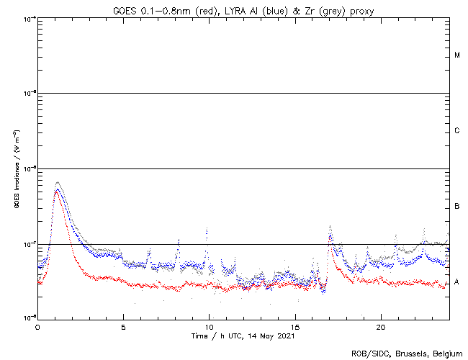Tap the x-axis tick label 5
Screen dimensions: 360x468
click(123, 326)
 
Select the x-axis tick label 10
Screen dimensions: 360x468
click(210, 326)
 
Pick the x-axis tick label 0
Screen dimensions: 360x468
click(37, 326)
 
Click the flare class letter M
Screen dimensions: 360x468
click(457, 55)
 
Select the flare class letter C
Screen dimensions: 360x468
click(457, 131)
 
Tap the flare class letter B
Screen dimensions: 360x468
click(457, 207)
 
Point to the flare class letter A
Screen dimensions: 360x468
click(457, 282)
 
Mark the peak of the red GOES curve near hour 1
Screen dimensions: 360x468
click(57, 191)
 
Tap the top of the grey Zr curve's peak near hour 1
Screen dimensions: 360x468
click(58, 182)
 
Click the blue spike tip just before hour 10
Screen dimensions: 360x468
click(207, 229)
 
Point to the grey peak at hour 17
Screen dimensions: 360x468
click(330, 225)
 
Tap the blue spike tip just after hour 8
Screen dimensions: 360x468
click(179, 239)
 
